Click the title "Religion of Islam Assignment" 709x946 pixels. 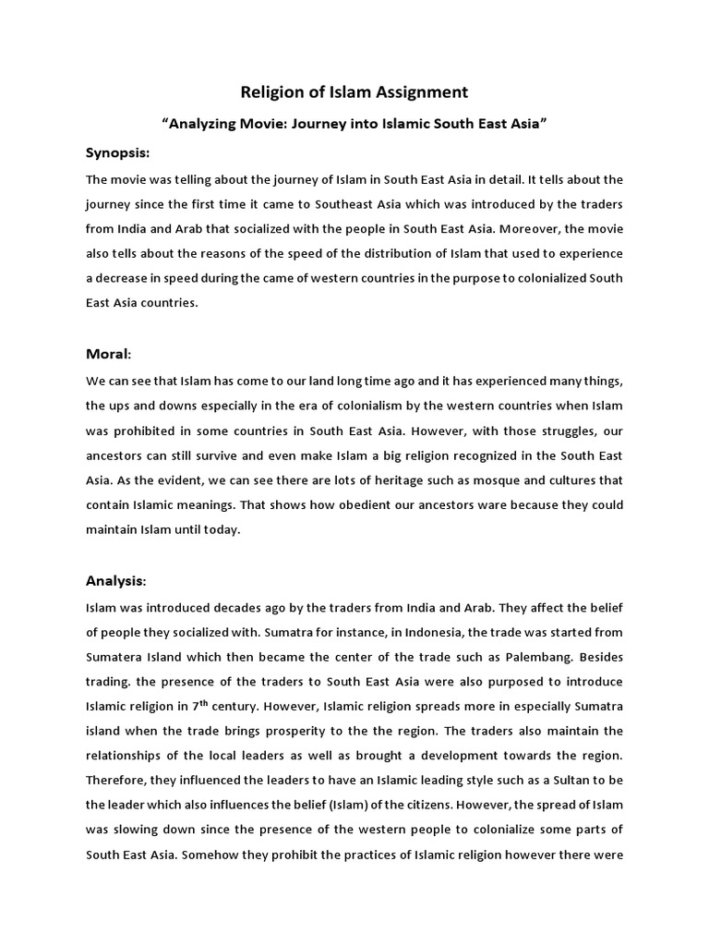[354, 91]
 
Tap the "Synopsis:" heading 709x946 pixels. [117, 152]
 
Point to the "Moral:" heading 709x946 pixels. [109, 354]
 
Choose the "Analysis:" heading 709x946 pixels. [115, 580]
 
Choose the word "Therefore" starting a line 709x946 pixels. [117, 781]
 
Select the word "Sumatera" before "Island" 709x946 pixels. [118, 656]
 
